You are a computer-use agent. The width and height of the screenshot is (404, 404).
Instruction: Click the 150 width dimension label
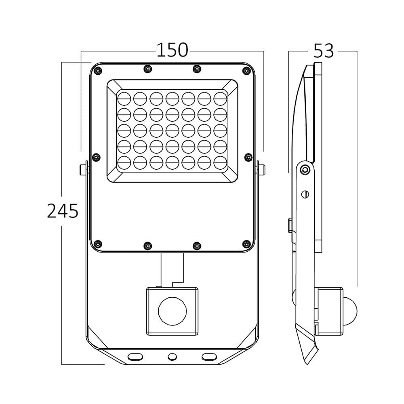172,50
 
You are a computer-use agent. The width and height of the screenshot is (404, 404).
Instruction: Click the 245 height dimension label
63,211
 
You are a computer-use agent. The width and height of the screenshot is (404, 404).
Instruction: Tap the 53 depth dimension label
324,51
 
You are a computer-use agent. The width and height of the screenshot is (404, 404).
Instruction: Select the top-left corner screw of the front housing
97,72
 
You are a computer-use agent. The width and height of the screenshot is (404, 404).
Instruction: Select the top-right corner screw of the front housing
246,72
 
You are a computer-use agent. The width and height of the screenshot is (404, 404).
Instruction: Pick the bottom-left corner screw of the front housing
97,243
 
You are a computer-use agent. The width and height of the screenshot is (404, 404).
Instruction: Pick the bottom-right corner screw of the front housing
246,243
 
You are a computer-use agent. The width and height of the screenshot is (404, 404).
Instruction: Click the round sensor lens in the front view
173,311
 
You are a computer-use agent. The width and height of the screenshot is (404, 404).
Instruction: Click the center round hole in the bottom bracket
173,356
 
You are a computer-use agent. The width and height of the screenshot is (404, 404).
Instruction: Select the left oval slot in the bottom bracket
135,356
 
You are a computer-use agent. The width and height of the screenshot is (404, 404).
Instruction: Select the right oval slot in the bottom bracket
209,356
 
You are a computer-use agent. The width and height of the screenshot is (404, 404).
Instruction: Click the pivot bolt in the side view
305,169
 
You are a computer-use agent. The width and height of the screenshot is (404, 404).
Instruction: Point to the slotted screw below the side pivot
305,194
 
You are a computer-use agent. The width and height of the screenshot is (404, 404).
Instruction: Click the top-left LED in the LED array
124,98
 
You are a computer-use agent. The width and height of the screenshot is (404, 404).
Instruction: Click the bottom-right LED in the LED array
221,162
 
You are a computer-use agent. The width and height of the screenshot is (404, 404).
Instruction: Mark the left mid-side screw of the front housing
96,157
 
